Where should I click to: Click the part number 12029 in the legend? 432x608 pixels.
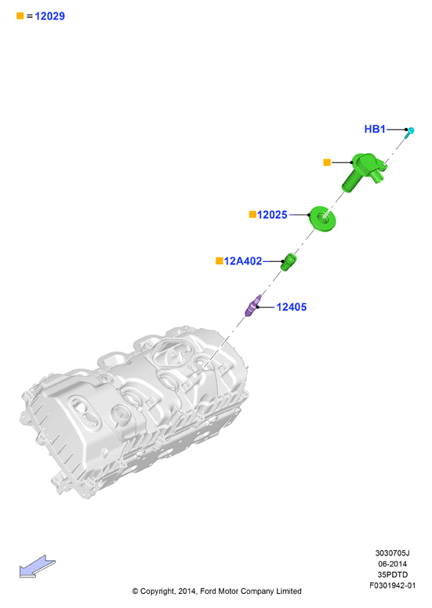(x=49, y=16)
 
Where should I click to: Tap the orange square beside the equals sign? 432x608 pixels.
(x=20, y=16)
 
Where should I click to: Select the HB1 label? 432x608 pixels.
(x=375, y=129)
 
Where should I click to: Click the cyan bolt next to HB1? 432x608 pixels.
(x=409, y=133)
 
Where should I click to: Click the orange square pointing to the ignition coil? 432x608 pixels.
(x=327, y=162)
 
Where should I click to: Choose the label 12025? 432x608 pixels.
(x=272, y=215)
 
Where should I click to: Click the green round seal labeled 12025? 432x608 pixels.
(x=322, y=219)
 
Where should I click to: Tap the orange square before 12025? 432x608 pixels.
(x=252, y=214)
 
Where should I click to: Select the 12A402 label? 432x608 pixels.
(x=243, y=261)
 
